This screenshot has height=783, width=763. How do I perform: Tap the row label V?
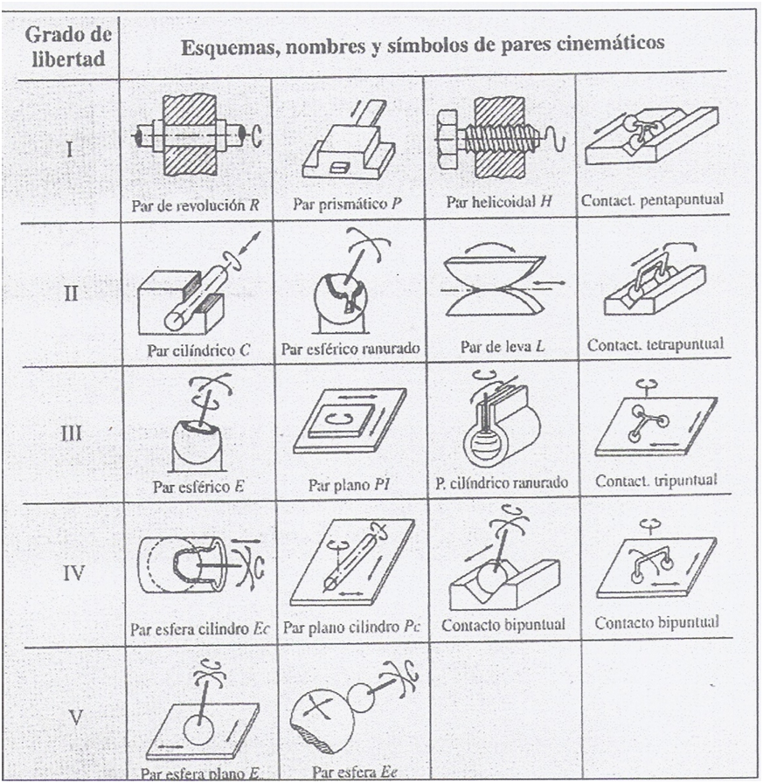tap(76, 717)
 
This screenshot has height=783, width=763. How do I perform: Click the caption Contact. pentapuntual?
tap(652, 201)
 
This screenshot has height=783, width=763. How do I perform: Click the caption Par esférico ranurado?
tap(350, 348)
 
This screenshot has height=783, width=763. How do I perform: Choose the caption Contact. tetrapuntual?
tap(655, 344)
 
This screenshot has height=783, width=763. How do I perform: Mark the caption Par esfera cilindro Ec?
tap(199, 627)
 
